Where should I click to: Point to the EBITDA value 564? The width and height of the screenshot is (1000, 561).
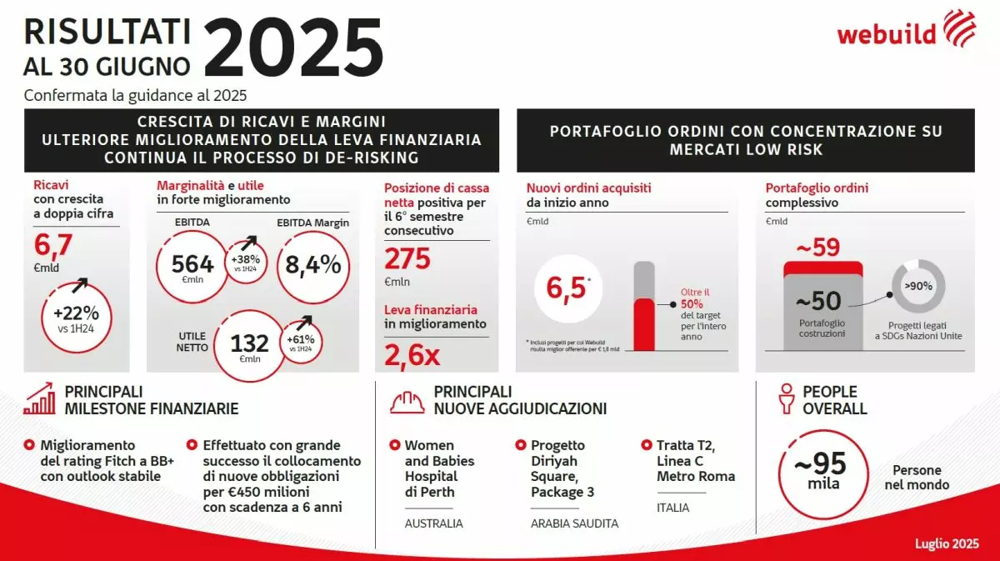(x=192, y=265)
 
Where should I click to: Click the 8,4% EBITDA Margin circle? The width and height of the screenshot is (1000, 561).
(x=312, y=265)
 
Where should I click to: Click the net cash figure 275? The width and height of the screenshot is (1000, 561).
(x=407, y=259)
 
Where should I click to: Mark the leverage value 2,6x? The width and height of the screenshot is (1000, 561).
(x=412, y=356)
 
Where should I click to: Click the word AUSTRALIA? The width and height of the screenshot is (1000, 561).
(x=433, y=523)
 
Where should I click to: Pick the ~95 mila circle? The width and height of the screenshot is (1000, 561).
(x=820, y=471)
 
